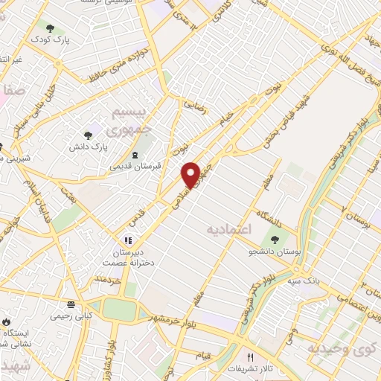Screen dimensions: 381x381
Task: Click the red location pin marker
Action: coord(191,174)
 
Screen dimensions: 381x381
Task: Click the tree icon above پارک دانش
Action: coord(89,135)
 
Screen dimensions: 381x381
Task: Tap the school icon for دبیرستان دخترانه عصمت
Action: coord(127,241)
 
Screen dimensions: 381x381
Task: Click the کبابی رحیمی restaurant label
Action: coord(71,316)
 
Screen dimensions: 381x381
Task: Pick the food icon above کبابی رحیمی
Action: coord(71,304)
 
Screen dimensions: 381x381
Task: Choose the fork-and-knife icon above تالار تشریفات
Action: coord(260,356)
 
